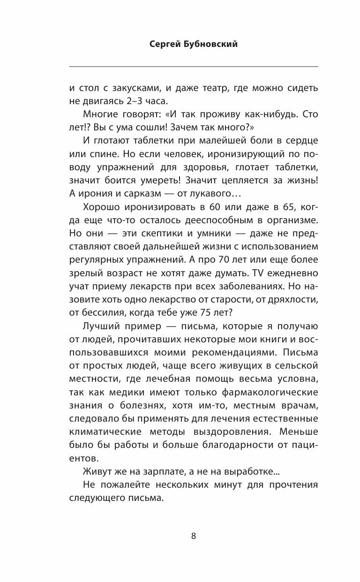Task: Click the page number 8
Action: pyautogui.click(x=193, y=536)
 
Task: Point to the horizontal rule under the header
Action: pyautogui.click(x=193, y=66)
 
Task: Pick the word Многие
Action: pyautogui.click(x=100, y=114)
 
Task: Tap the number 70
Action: pyautogui.click(x=225, y=259)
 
